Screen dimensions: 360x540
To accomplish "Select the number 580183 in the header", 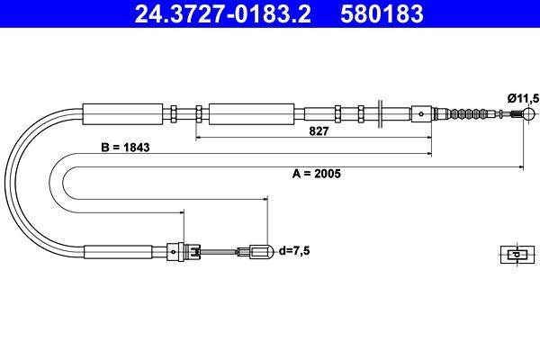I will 380,14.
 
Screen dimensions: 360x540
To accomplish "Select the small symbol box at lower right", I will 513,254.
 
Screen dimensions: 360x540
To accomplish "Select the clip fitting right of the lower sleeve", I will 184,251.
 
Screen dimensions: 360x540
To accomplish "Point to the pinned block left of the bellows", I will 422,113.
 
